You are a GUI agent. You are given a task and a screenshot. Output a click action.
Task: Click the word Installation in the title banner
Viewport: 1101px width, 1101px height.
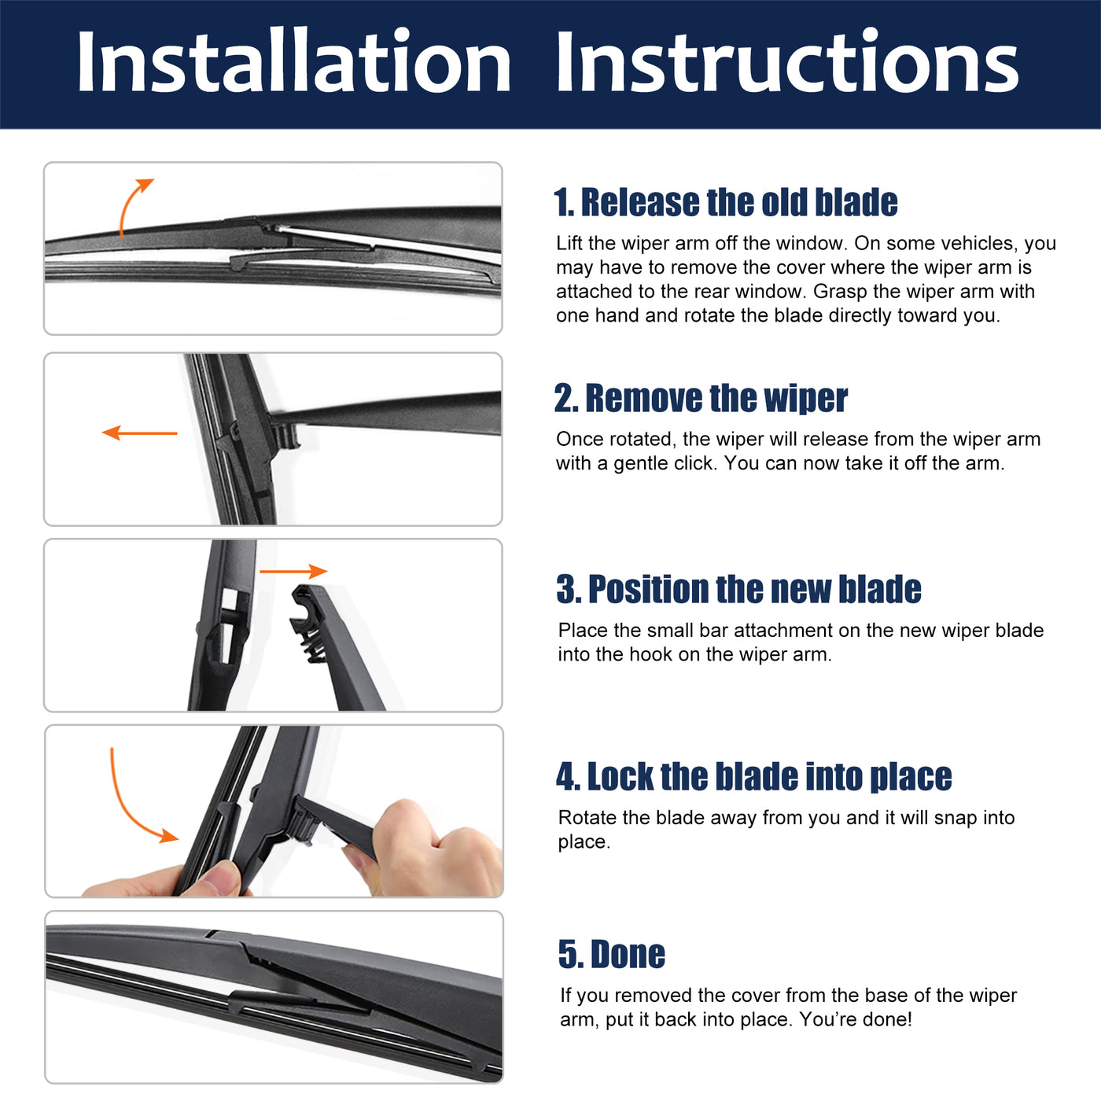[293, 61]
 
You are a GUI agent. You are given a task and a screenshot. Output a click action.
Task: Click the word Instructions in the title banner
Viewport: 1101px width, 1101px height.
[786, 61]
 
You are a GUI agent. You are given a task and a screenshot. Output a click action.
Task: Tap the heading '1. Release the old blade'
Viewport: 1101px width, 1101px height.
[726, 202]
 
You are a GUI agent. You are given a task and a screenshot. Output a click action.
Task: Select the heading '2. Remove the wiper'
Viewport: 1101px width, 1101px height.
[701, 398]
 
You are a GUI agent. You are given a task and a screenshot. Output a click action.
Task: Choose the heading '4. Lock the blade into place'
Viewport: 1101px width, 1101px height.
[753, 776]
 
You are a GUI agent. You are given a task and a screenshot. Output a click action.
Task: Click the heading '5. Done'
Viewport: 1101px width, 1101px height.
[611, 954]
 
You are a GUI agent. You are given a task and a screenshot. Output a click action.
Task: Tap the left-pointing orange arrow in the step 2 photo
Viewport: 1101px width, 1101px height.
[139, 433]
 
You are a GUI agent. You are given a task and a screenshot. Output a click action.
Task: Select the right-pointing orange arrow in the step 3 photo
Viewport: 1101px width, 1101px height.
[293, 571]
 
